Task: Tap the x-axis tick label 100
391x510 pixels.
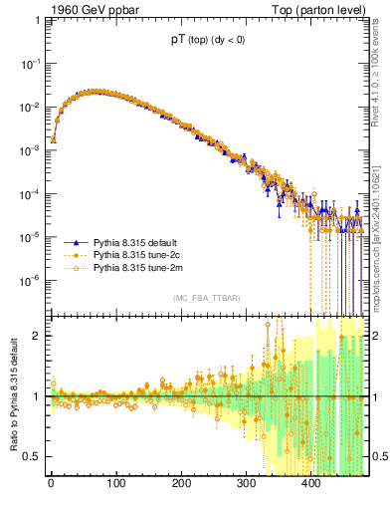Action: (x=116, y=483)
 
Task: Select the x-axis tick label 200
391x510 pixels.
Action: (x=181, y=483)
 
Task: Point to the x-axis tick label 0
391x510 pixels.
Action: (x=51, y=483)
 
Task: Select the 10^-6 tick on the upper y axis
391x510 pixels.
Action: (x=30, y=280)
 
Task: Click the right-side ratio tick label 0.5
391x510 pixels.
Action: (x=379, y=456)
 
